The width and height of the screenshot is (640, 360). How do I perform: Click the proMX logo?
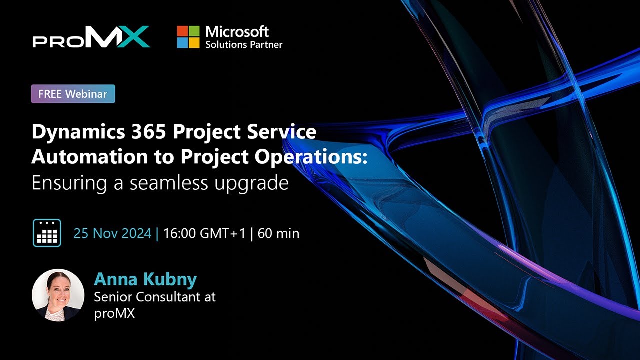pyautogui.click(x=91, y=37)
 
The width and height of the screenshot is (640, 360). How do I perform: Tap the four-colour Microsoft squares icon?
pyautogui.click(x=188, y=37)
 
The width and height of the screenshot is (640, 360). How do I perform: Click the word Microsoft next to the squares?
pyautogui.click(x=237, y=32)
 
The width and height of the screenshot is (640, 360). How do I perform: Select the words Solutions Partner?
pyautogui.click(x=244, y=45)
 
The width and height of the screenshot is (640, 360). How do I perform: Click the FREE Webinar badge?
pyautogui.click(x=73, y=94)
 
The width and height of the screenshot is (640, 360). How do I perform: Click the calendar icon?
pyautogui.click(x=47, y=233)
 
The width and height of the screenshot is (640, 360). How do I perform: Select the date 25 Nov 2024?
pyautogui.click(x=112, y=233)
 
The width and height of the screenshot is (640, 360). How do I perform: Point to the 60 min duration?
pyautogui.click(x=278, y=233)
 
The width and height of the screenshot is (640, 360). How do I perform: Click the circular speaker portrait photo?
pyautogui.click(x=58, y=295)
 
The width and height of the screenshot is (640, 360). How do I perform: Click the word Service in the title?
pyautogui.click(x=285, y=132)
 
